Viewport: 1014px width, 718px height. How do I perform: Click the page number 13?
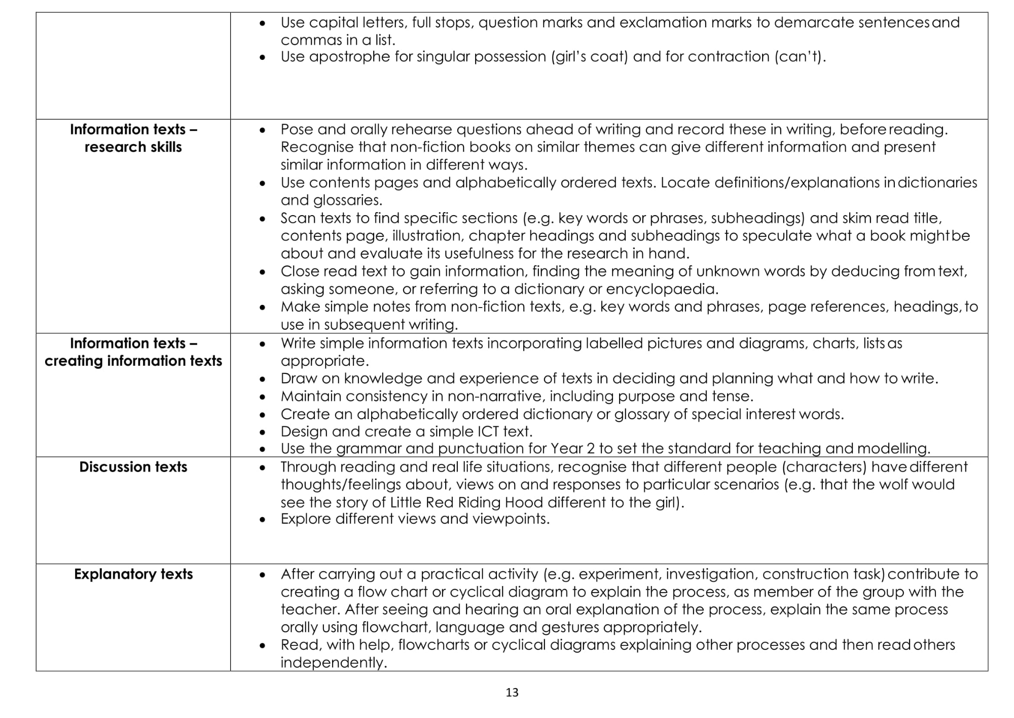click(512, 692)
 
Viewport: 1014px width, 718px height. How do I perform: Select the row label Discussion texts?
click(133, 467)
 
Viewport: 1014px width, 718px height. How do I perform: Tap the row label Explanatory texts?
click(133, 574)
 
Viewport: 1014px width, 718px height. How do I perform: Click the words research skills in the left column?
click(133, 147)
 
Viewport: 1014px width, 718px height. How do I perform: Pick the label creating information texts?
click(133, 361)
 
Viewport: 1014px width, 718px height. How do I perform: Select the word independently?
click(334, 663)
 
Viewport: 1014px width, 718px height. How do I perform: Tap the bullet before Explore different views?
click(262, 520)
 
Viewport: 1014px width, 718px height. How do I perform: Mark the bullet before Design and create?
click(262, 432)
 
